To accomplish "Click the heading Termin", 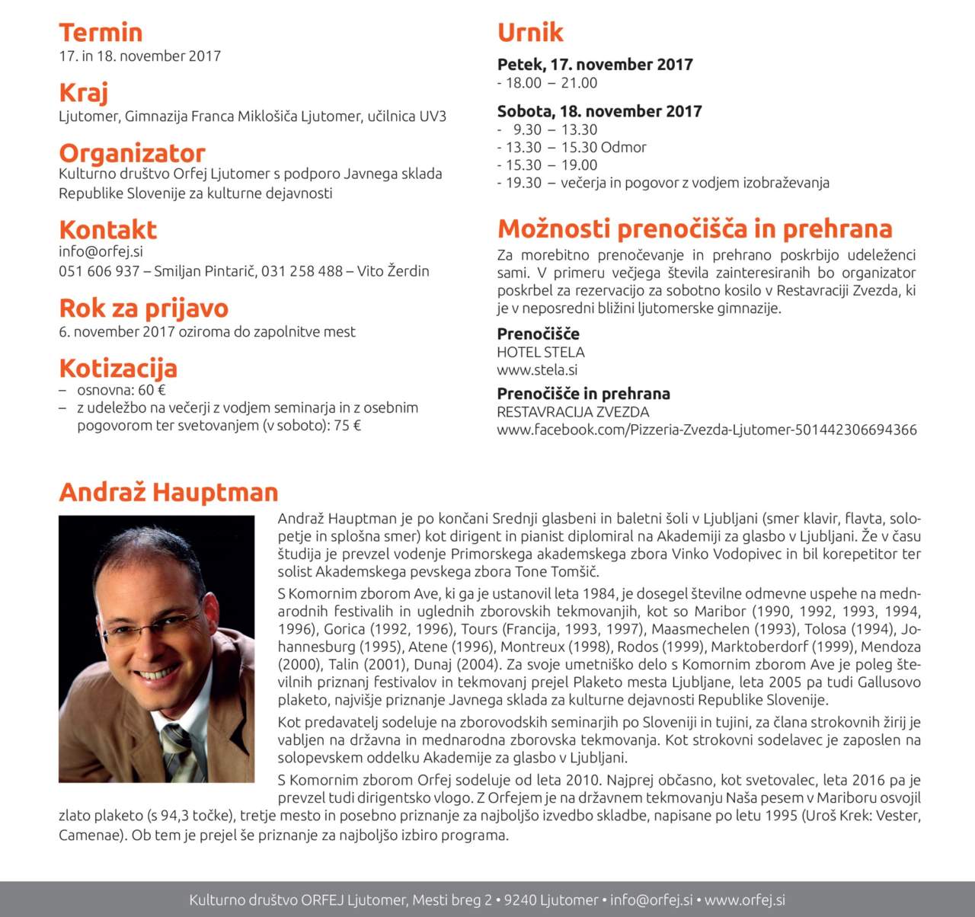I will (101, 33).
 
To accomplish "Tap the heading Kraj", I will (84, 93).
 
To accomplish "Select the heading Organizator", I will (132, 153).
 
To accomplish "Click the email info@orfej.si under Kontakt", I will (101, 251).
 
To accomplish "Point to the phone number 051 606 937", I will (99, 271).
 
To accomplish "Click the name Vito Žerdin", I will (393, 271).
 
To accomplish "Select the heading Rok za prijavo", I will (144, 308).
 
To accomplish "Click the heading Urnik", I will (530, 33).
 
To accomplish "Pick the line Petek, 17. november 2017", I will (595, 65).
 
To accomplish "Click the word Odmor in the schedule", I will (623, 148).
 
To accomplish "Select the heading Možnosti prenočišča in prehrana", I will (695, 228).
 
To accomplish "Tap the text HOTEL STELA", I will (541, 353).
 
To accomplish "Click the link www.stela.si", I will (537, 370).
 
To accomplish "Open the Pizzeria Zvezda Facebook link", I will (707, 430).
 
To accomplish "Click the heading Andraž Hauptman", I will (168, 492).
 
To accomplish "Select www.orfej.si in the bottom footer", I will (744, 900).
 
